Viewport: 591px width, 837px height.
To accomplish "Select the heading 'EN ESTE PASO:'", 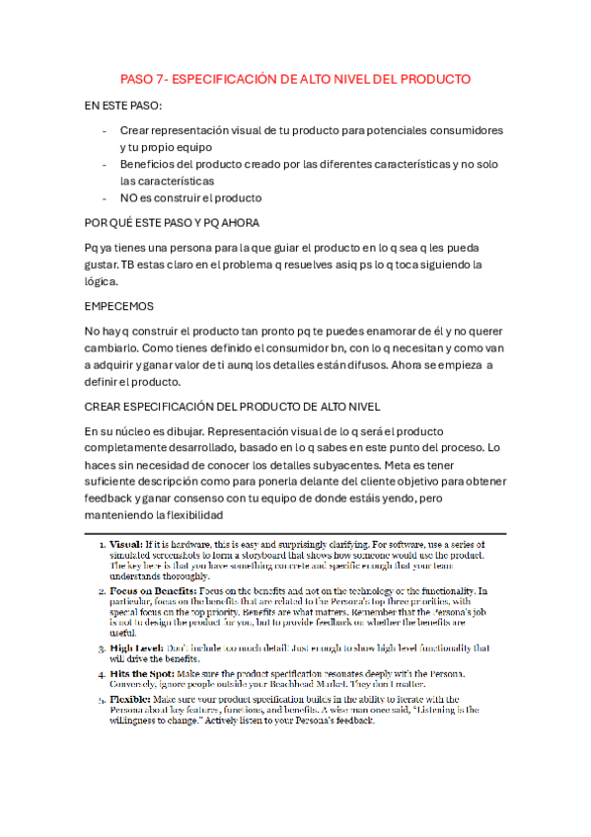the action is [123, 106].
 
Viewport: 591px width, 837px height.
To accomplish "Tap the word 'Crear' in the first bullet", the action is [137, 130].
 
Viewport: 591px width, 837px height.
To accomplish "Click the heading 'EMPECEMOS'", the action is [120, 307].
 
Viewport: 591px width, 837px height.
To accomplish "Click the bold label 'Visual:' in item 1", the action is [125, 544].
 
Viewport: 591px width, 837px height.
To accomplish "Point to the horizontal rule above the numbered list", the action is [295, 533].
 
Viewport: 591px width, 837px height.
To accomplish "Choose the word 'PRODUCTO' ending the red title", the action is [438, 78].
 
